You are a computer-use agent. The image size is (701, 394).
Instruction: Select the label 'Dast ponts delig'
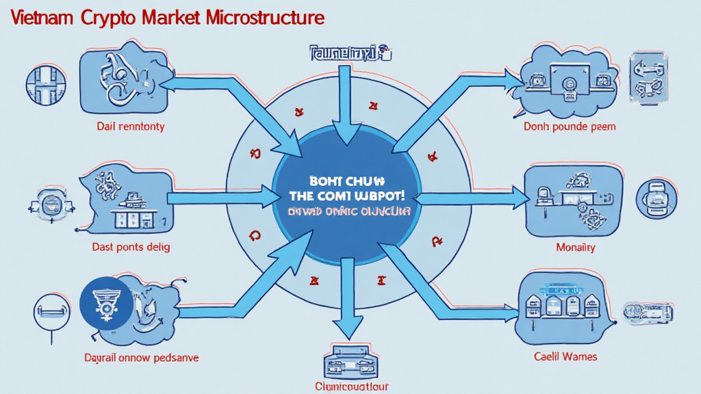[131, 246]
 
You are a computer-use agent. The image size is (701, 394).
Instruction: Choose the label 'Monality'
[575, 247]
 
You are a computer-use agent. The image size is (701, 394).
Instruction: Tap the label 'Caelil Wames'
[565, 356]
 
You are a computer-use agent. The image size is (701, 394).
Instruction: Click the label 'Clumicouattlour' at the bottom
[351, 386]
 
